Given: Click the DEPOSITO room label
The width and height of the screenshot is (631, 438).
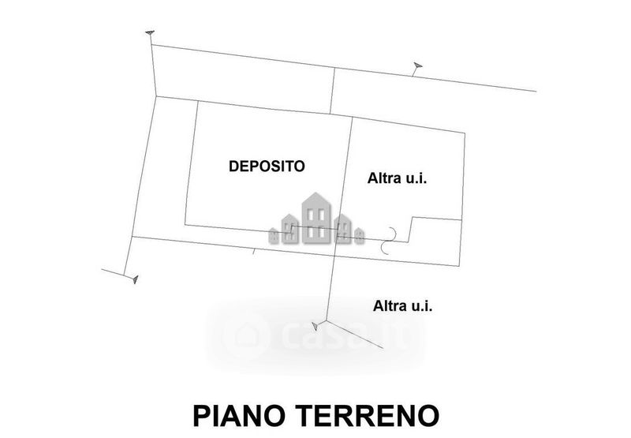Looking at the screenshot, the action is tap(267, 166).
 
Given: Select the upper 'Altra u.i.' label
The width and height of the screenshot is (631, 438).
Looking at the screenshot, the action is tap(397, 178).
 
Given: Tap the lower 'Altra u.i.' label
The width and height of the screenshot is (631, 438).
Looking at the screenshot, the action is tap(402, 305).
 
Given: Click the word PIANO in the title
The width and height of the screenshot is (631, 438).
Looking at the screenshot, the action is tap(240, 415).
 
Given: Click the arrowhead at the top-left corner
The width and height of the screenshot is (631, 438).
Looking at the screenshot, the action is tap(150, 32).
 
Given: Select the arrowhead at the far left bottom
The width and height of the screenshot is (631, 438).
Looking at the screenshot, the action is tap(134, 279).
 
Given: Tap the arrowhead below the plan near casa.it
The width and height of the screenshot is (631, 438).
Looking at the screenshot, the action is tap(316, 325).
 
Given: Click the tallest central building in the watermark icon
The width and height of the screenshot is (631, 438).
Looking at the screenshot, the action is tap(315, 217).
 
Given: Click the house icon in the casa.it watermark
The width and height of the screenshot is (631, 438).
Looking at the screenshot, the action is tap(247, 335).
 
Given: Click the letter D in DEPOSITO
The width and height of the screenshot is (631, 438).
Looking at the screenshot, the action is tap(233, 166).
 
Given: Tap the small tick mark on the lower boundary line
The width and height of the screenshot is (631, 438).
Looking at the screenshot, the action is tap(252, 253).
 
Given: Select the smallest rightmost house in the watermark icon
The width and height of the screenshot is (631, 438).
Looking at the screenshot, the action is tap(359, 234).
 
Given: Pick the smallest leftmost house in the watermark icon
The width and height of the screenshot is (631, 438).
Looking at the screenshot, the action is tap(274, 234).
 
